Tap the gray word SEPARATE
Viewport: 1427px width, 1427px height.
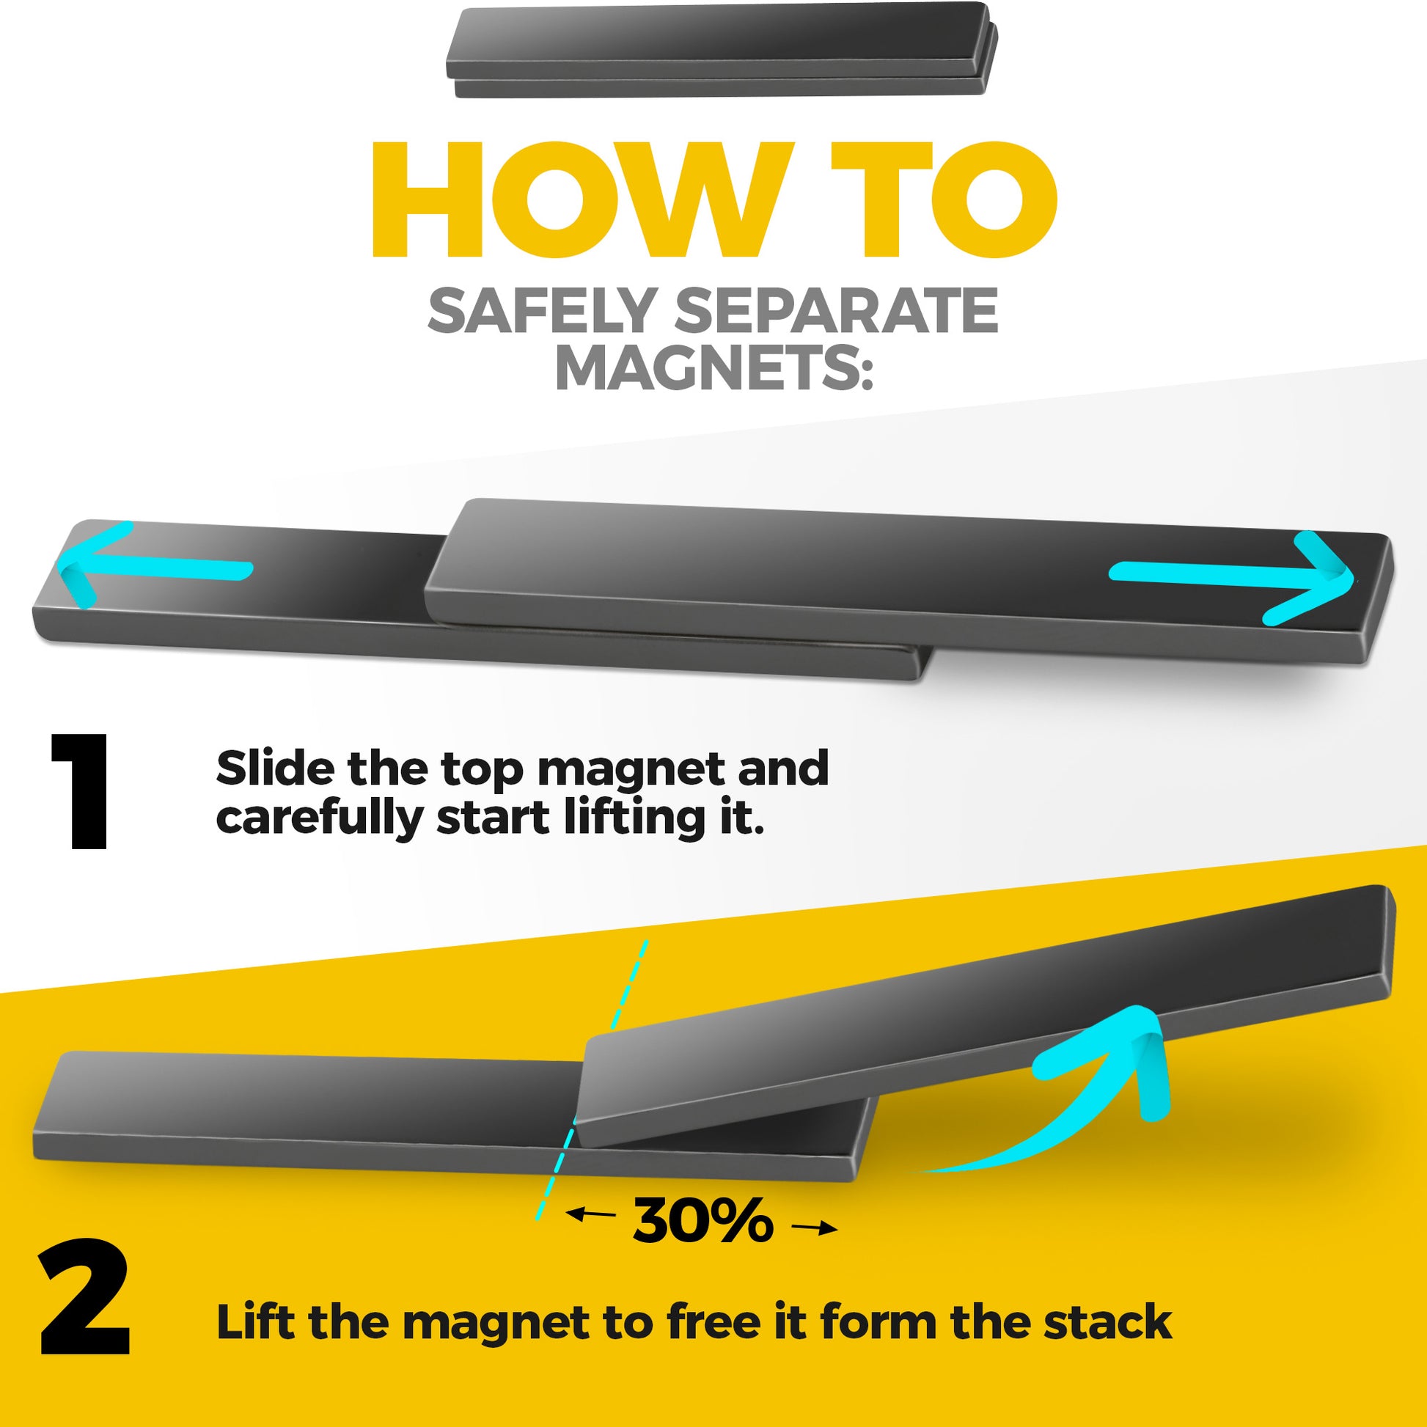836,310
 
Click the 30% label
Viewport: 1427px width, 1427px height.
703,1221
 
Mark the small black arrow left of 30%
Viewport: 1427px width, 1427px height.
591,1214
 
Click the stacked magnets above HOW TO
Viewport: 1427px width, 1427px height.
722,50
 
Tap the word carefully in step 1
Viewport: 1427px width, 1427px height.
318,818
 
